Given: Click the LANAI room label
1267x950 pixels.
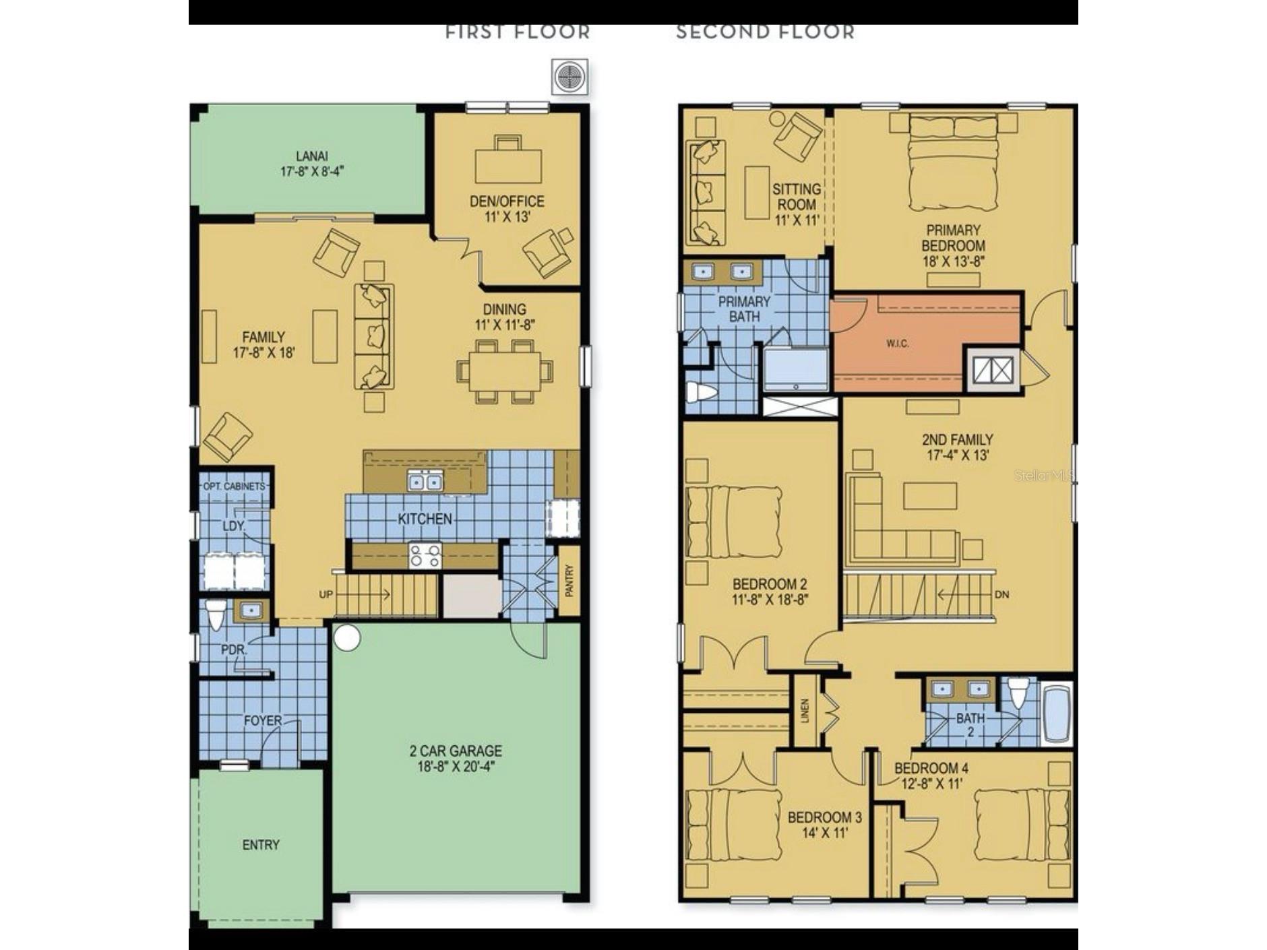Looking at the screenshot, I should (x=311, y=156).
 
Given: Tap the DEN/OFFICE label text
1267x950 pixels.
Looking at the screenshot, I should (x=507, y=201).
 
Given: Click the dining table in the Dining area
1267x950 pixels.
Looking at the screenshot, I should (x=505, y=371).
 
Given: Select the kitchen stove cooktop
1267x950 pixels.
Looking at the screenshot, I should (x=425, y=556).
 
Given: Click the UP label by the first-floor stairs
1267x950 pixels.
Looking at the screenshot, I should (x=326, y=595).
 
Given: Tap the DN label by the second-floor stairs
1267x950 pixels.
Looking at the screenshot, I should (x=1001, y=595).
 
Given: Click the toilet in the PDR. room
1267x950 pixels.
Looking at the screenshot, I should (x=215, y=614).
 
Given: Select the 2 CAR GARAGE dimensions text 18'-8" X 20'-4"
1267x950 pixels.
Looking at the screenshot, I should (x=456, y=766).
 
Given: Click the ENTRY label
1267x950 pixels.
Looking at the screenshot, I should (x=261, y=845).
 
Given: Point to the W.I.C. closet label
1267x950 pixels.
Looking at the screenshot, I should (x=898, y=344).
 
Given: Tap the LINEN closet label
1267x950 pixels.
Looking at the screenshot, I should (x=804, y=711).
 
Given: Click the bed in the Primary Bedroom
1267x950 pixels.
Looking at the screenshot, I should (x=953, y=162).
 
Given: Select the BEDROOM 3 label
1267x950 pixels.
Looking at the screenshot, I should (x=824, y=817).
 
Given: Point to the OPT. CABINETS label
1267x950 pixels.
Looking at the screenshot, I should (x=234, y=486).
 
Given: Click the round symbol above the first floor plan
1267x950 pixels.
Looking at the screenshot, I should (x=569, y=76).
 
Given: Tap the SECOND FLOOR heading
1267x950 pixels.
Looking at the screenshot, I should (x=765, y=32).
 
